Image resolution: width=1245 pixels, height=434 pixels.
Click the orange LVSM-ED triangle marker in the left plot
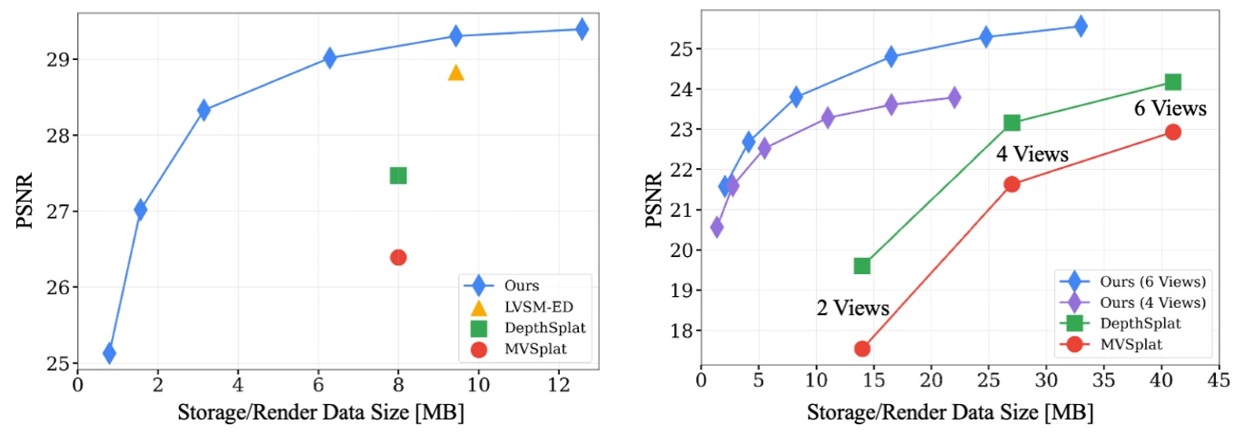point(456,73)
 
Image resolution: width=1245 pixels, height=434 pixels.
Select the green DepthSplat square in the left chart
point(398,175)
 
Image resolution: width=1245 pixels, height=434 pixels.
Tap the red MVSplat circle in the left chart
point(398,257)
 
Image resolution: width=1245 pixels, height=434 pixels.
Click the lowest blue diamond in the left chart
point(109,352)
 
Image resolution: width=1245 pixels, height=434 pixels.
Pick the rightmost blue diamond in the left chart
point(582,29)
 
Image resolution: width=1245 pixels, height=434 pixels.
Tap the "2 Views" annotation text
point(852,308)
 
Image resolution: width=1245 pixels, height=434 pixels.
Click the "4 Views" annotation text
point(1032,154)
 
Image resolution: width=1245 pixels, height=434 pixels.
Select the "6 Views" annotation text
point(1170,109)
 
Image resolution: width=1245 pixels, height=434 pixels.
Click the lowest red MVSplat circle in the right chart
point(862,349)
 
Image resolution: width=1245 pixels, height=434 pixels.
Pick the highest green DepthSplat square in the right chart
point(1172,83)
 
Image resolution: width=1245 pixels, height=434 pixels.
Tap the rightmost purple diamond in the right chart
point(954,97)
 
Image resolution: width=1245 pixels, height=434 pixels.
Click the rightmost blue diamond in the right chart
point(1081,26)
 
